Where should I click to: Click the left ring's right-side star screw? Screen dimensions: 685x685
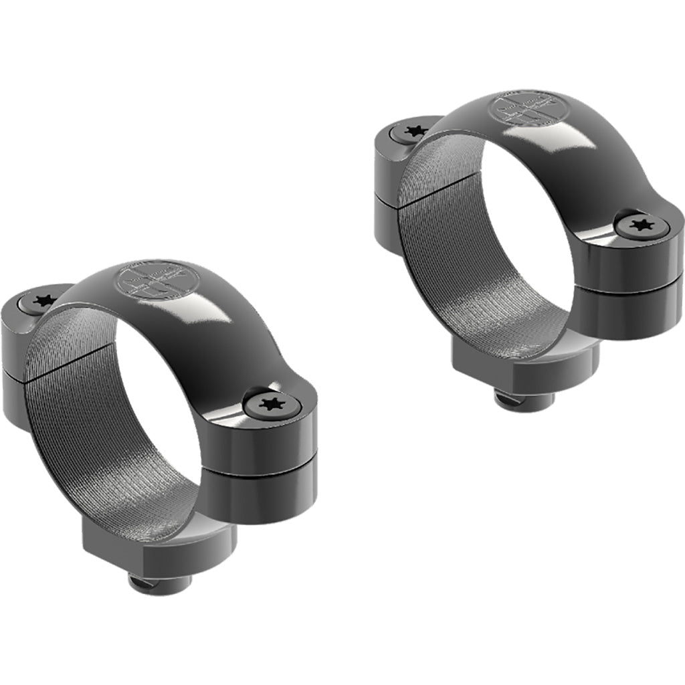click(272, 404)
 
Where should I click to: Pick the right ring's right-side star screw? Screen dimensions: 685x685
click(643, 225)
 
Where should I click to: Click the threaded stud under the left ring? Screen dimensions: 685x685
click(159, 583)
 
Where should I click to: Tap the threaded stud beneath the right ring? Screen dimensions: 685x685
click(524, 401)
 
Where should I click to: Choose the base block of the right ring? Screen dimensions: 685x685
click(525, 361)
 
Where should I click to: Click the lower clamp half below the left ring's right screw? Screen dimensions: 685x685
click(268, 495)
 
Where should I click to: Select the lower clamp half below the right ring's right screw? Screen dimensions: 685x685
click(635, 311)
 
